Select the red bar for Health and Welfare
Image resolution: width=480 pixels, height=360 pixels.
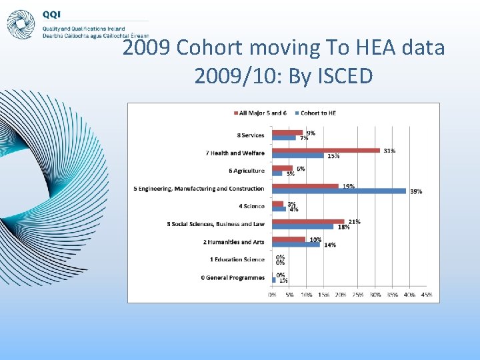point(326,151)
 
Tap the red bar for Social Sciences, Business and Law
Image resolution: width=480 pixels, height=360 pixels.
point(308,221)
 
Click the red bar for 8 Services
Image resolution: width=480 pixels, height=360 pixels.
point(287,133)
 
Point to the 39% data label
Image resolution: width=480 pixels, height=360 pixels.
point(416,191)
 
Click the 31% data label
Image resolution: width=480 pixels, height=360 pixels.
point(389,151)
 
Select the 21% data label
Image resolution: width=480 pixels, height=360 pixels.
point(354,221)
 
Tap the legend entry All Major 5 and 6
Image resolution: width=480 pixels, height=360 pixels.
point(263,113)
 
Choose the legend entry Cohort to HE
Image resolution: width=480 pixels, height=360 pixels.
point(318,113)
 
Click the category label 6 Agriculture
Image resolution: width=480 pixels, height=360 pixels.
point(246,171)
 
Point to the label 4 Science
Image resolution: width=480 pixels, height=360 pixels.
point(251,206)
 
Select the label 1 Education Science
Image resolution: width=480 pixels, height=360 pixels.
point(237,259)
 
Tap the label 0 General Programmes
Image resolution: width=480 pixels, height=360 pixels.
point(233,277)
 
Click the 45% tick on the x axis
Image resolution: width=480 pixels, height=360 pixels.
point(427,294)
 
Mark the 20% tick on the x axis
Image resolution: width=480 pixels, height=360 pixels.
point(341,294)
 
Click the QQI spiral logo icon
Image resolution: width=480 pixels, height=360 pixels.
point(20,24)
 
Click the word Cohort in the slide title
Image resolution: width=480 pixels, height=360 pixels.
point(215,48)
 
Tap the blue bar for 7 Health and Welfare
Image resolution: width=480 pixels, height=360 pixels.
point(298,156)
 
